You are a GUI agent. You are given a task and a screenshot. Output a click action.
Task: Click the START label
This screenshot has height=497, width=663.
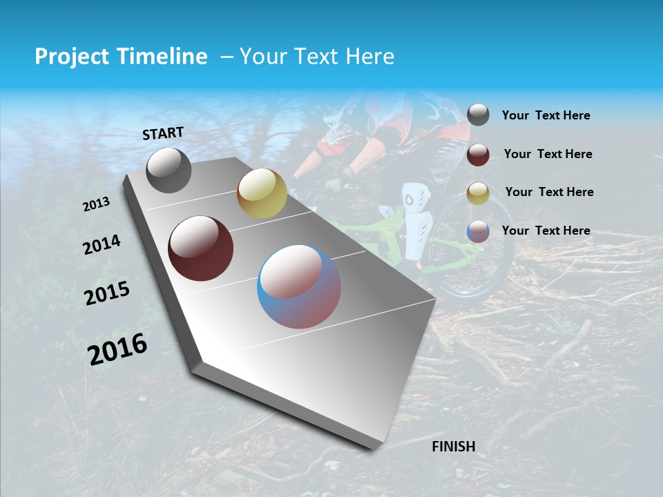coord(163,133)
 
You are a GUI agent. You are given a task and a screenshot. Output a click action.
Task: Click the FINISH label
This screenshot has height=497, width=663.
coord(454,447)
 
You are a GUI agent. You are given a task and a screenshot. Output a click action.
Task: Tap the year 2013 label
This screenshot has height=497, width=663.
coord(96,204)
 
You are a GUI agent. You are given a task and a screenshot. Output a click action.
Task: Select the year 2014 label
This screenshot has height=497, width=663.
coord(102,244)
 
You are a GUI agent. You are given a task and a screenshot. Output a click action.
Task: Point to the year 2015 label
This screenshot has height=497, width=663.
coord(107,293)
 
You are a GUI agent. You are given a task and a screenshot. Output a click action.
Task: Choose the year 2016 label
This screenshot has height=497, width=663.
coord(117,349)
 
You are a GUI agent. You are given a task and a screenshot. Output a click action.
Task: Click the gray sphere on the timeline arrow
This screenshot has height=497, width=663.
coord(169,170)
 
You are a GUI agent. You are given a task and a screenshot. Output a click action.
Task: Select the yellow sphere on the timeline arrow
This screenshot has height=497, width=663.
coord(262,193)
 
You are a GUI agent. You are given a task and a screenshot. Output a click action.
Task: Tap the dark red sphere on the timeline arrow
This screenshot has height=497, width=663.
coord(200,248)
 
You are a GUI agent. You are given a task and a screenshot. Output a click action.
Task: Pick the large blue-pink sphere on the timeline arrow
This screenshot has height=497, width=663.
coord(299,286)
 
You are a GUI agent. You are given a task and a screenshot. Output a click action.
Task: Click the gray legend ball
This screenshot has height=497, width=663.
coord(478,115)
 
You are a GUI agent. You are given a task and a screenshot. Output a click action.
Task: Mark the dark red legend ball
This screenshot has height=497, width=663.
coord(478,154)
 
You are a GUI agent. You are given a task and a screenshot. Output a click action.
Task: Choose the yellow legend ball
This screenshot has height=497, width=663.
coord(478,193)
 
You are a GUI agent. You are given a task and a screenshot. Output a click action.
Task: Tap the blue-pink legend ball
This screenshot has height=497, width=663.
coord(478,231)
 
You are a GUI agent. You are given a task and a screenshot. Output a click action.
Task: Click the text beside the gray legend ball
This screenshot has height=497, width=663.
coord(546,115)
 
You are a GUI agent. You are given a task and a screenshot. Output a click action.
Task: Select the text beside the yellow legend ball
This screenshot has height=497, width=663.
coord(549,192)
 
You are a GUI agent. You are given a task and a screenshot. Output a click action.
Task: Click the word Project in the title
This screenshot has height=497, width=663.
coord(73,57)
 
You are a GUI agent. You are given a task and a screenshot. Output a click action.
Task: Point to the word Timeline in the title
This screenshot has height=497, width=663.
coord(166,57)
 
